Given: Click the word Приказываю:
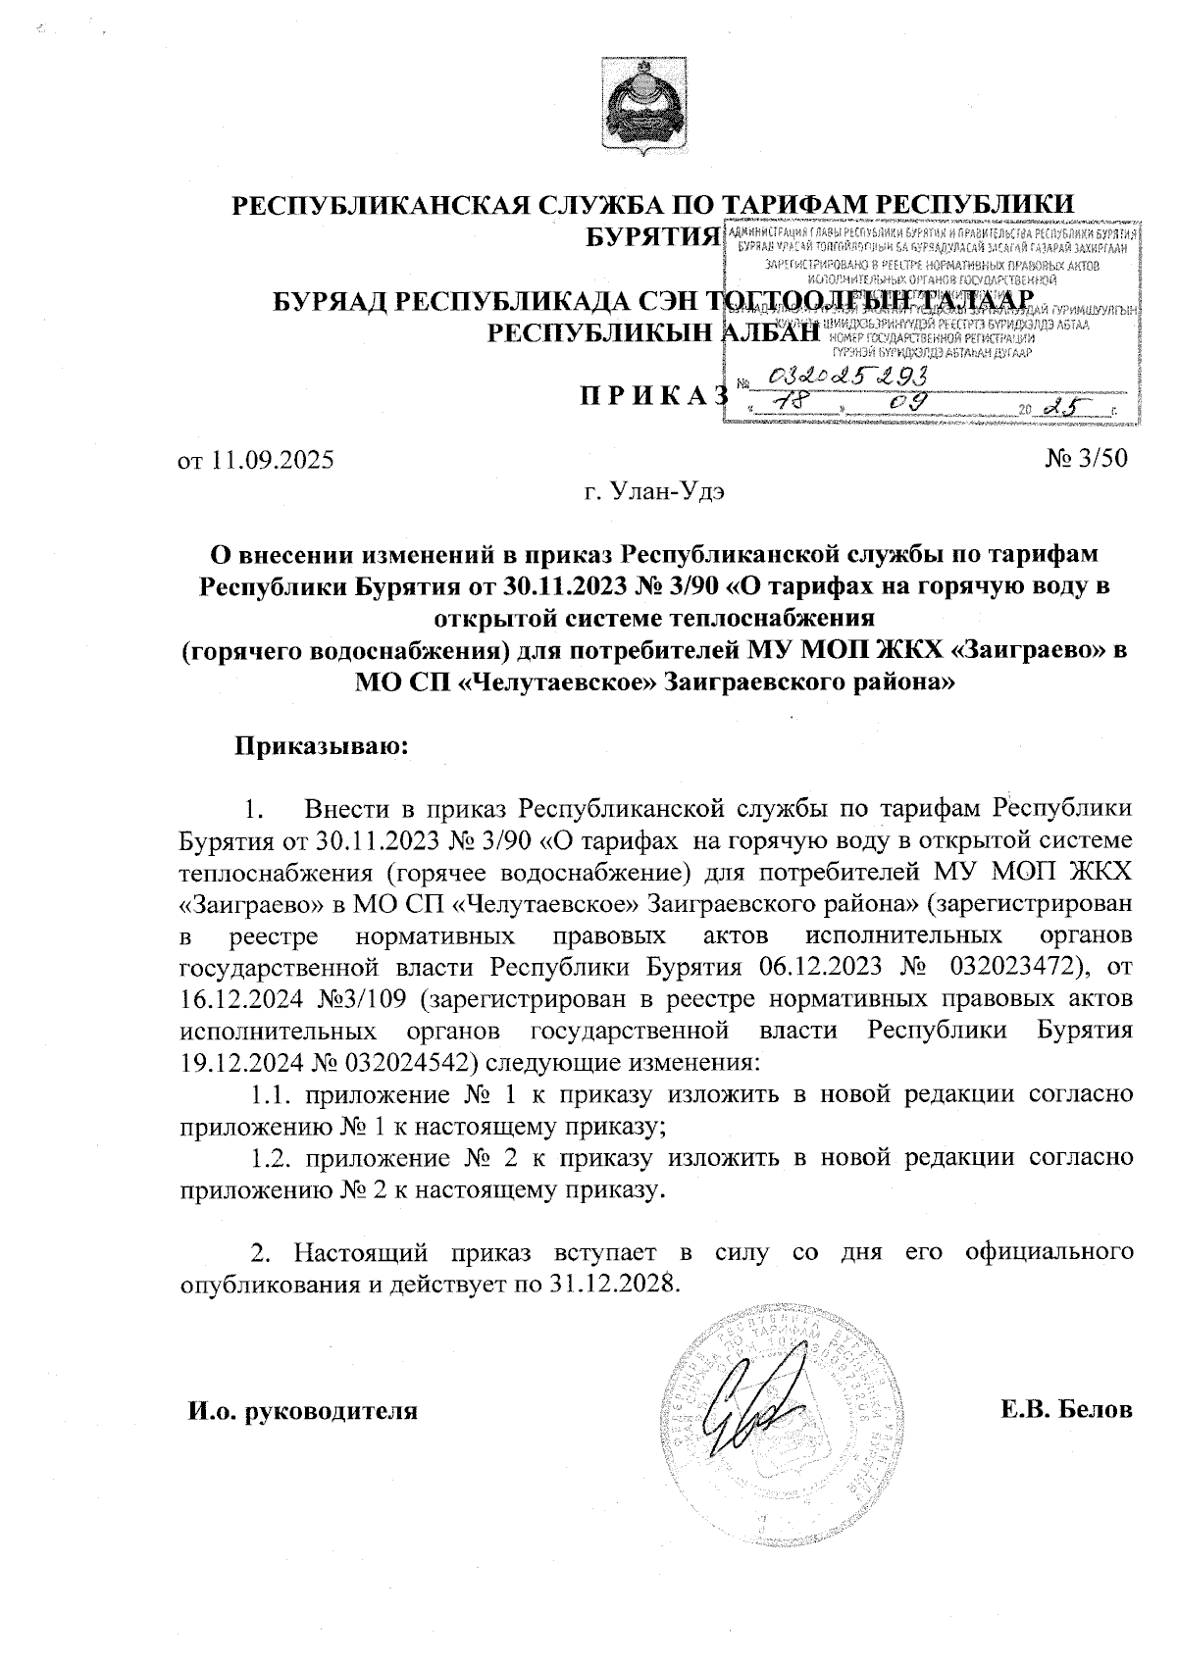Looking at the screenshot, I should [x=320, y=745].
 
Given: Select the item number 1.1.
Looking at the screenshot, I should [x=271, y=1093].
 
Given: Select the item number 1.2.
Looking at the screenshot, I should [x=271, y=1157].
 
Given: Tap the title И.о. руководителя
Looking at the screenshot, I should [x=303, y=1412].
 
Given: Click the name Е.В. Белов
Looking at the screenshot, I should [x=1067, y=1410].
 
